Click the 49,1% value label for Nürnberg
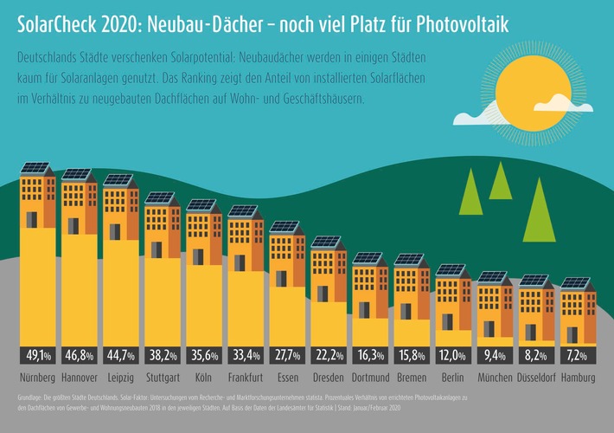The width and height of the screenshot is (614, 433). click(38, 355)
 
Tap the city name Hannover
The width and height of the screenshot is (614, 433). click(80, 378)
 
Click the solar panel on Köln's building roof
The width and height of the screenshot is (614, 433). click(201, 205)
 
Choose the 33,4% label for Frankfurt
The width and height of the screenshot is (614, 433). click(245, 355)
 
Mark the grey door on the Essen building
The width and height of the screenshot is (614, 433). click(281, 279)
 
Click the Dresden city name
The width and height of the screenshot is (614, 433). click(327, 378)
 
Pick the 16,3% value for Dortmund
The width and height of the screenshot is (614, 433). click(369, 355)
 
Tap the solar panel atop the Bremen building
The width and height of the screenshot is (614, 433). click(410, 259)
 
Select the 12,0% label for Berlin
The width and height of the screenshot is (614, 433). click(452, 355)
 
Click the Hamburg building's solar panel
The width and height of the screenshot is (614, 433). click(576, 283)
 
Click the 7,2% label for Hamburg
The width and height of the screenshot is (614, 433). click(576, 355)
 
